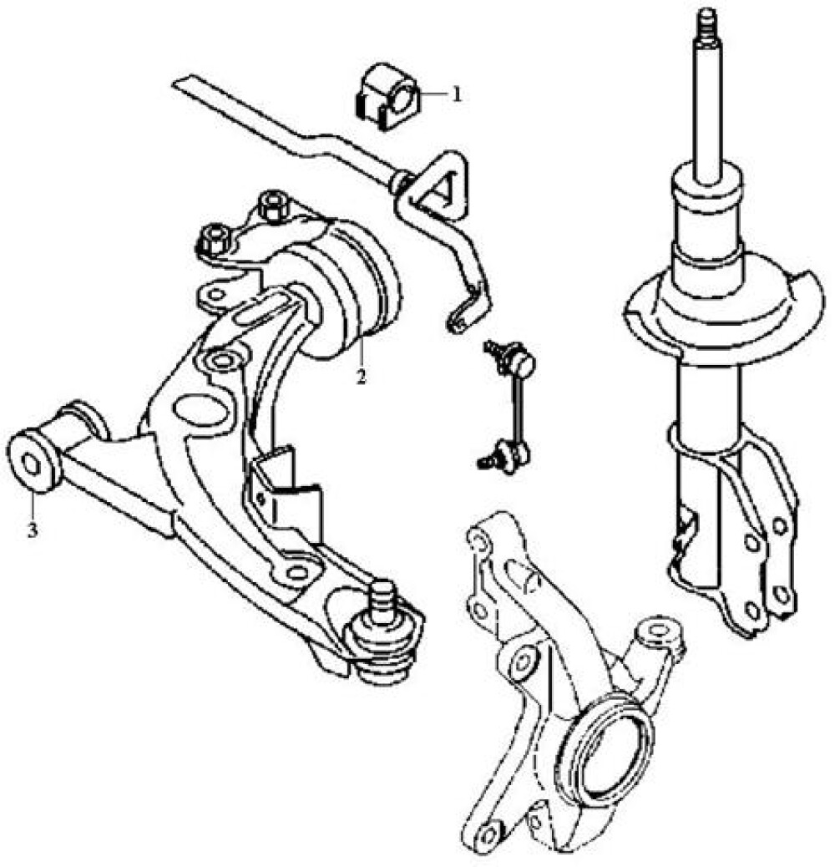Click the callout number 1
tap(456, 94)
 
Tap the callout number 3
tap(32, 530)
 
